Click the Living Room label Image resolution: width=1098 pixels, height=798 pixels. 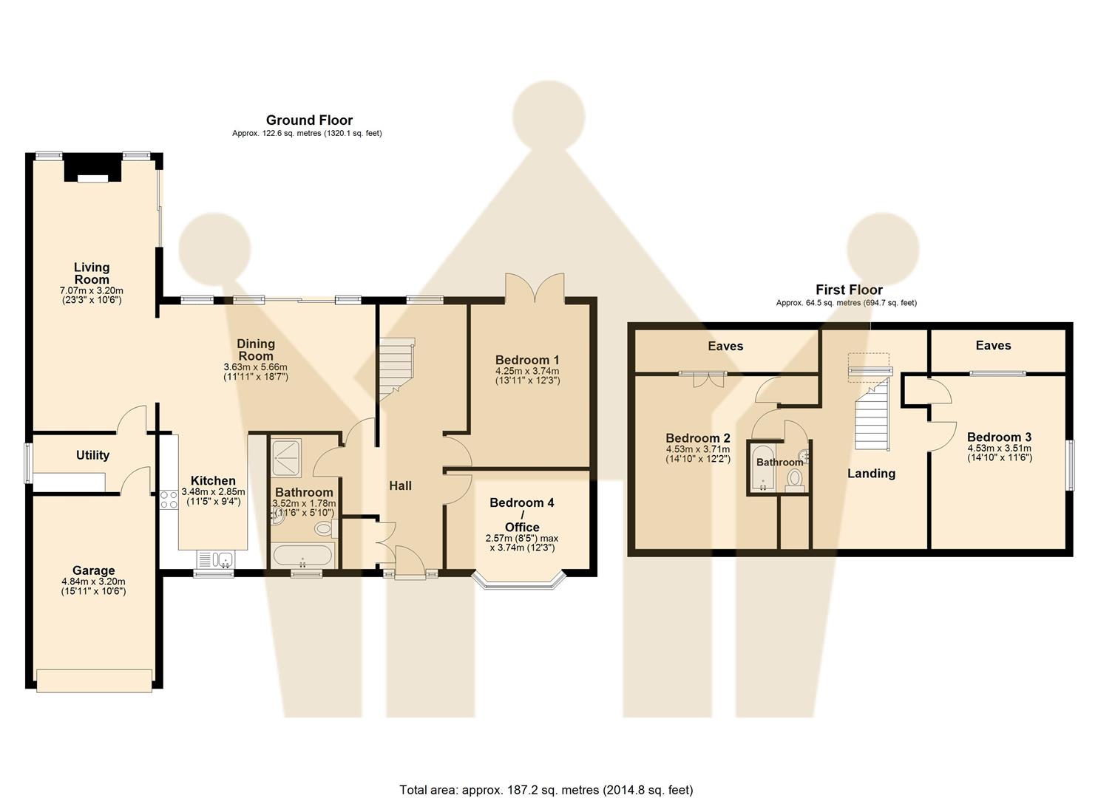pyautogui.click(x=92, y=273)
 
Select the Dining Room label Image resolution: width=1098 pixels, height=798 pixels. pyautogui.click(x=256, y=349)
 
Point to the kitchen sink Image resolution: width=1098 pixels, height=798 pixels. pyautogui.click(x=215, y=559)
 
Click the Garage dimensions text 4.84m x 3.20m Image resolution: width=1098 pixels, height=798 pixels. pyautogui.click(x=93, y=582)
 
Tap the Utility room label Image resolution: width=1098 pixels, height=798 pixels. pyautogui.click(x=92, y=455)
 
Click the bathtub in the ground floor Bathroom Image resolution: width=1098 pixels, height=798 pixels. pyautogui.click(x=303, y=555)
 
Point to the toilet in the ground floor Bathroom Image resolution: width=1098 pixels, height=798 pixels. pyautogui.click(x=324, y=528)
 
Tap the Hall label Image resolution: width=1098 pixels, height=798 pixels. pyautogui.click(x=400, y=485)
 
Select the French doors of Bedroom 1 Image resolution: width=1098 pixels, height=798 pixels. pyautogui.click(x=535, y=287)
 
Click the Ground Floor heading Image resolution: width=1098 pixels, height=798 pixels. pyautogui.click(x=309, y=120)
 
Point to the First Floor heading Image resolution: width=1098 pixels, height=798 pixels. pyautogui.click(x=849, y=290)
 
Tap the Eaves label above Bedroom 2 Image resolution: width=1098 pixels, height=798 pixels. pyautogui.click(x=725, y=346)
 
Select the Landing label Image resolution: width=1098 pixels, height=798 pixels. pyautogui.click(x=871, y=474)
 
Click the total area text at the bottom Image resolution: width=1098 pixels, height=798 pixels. pyautogui.click(x=546, y=790)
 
